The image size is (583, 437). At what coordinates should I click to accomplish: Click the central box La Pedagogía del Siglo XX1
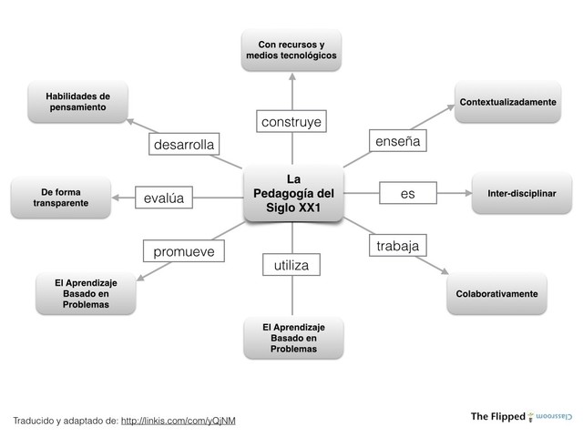(x=292, y=193)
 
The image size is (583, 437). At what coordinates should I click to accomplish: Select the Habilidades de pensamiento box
(x=77, y=101)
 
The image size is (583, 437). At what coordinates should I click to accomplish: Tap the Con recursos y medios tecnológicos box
(x=291, y=49)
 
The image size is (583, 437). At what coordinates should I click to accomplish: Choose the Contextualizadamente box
(x=507, y=102)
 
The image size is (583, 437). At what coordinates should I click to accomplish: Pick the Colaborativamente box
(x=496, y=294)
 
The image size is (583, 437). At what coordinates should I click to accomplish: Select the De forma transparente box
(x=60, y=198)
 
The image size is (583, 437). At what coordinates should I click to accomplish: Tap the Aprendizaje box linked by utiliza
(x=293, y=338)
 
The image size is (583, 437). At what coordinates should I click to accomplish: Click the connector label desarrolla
(x=184, y=145)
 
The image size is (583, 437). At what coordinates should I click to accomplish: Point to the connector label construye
(x=291, y=121)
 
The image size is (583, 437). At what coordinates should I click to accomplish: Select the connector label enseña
(x=396, y=141)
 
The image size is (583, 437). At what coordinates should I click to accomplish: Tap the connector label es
(x=407, y=193)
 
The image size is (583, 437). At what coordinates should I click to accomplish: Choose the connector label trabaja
(x=397, y=246)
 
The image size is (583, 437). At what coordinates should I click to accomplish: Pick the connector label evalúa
(x=164, y=198)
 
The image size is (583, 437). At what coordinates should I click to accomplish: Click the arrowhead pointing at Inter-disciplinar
(x=466, y=193)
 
